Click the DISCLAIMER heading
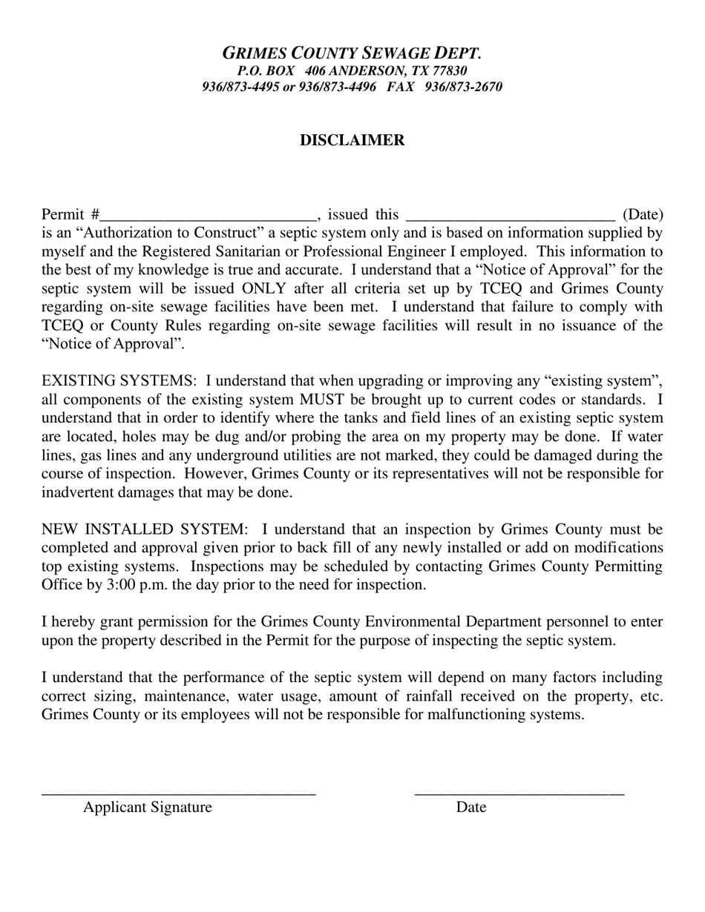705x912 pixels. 352,140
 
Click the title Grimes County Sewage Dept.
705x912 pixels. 352,53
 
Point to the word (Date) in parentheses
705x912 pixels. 642,215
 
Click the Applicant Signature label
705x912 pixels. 148,807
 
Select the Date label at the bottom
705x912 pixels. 471,807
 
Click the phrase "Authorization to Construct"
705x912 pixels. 162,233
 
